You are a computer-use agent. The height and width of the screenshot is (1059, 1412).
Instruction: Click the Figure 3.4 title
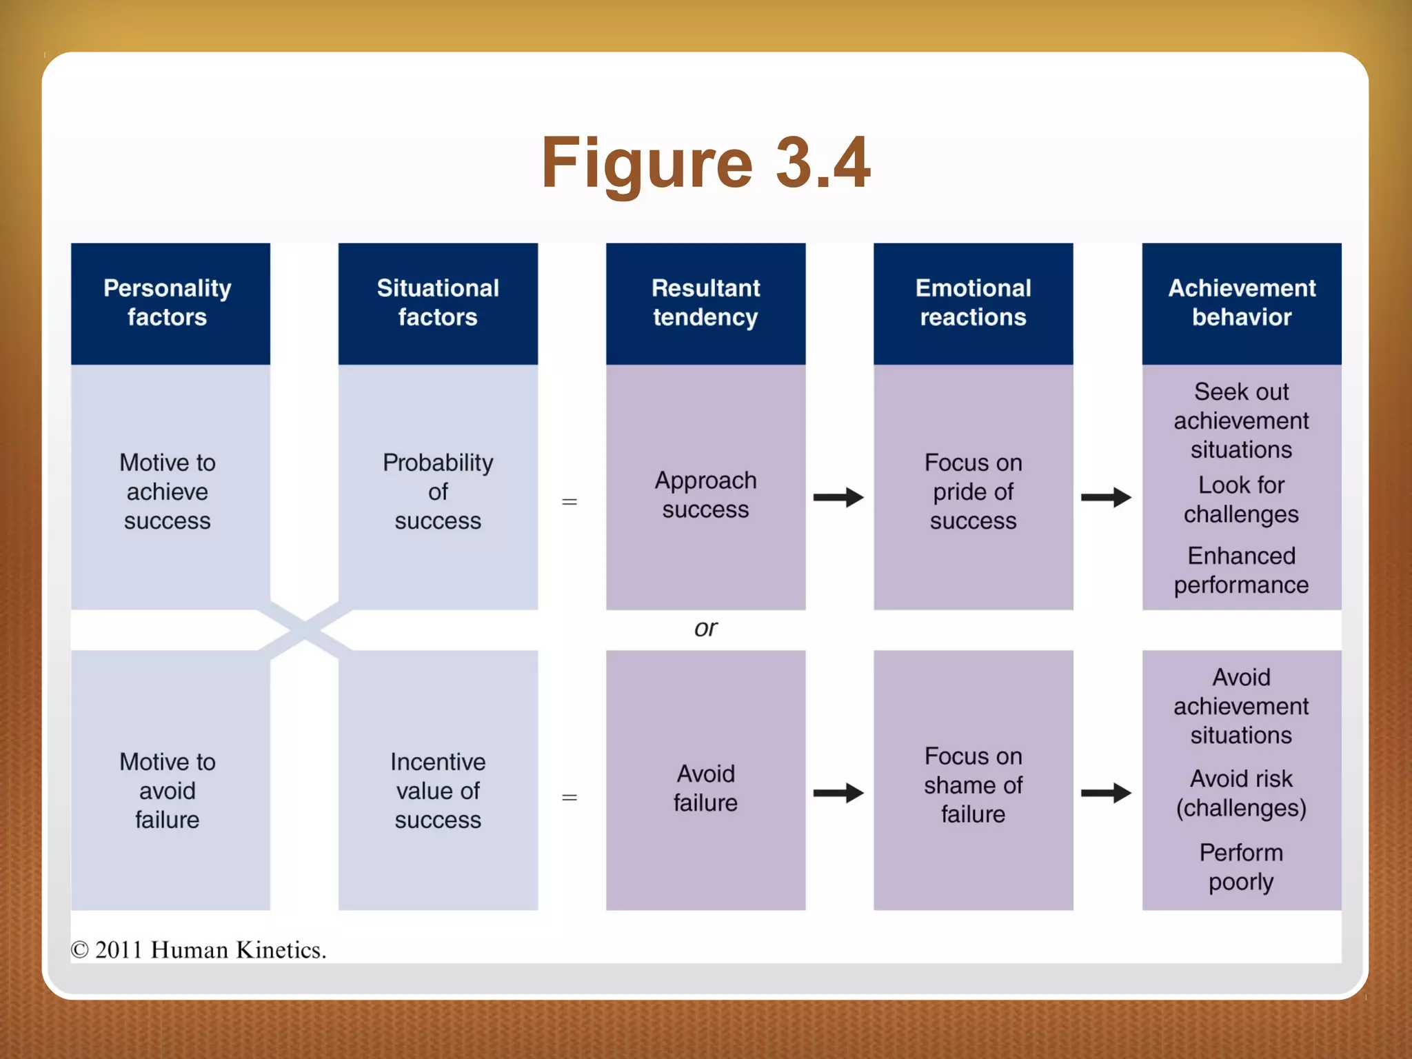pyautogui.click(x=705, y=163)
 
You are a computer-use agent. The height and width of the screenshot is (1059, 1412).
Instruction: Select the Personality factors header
pyautogui.click(x=168, y=303)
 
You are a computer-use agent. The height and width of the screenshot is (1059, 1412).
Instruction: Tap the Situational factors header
pyautogui.click(x=438, y=303)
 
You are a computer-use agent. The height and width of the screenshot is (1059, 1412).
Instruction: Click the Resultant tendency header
pyautogui.click(x=705, y=303)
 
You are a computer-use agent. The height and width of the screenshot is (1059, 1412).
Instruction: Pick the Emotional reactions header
pyautogui.click(x=973, y=303)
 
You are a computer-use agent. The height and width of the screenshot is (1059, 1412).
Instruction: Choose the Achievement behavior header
pyautogui.click(x=1241, y=303)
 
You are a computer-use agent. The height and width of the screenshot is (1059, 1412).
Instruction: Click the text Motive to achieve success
pyautogui.click(x=168, y=492)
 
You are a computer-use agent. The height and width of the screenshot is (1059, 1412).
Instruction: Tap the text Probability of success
pyautogui.click(x=438, y=492)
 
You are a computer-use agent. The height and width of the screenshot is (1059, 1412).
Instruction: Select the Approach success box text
pyautogui.click(x=705, y=494)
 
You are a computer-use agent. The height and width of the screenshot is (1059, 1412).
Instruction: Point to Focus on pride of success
pyautogui.click(x=973, y=492)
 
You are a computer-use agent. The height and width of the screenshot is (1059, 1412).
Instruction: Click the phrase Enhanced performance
pyautogui.click(x=1241, y=570)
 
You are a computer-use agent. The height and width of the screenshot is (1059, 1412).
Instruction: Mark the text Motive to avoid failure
pyautogui.click(x=168, y=791)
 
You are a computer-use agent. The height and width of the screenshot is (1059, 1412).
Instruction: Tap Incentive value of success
pyautogui.click(x=438, y=791)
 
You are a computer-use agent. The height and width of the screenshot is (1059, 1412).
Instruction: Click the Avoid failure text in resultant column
pyautogui.click(x=705, y=788)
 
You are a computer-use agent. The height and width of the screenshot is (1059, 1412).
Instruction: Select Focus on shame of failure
pyautogui.click(x=973, y=785)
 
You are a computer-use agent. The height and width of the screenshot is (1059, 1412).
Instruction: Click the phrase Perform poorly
pyautogui.click(x=1241, y=867)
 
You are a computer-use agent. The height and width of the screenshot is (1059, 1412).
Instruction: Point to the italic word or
pyautogui.click(x=705, y=628)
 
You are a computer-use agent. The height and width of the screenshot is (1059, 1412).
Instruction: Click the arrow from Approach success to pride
pyautogui.click(x=838, y=497)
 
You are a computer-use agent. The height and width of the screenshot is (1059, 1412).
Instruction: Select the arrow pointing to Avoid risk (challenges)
pyautogui.click(x=1106, y=793)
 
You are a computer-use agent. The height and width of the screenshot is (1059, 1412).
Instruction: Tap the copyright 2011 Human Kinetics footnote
pyautogui.click(x=199, y=950)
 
